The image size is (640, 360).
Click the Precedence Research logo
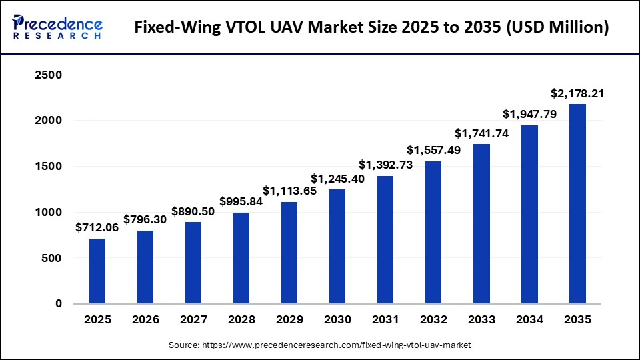point(57,27)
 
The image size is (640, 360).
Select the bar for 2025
point(97,271)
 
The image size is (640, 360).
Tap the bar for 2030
point(337,246)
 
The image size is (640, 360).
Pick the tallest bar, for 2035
point(577,203)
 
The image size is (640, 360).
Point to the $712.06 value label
point(97,227)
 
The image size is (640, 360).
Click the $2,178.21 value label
point(577,93)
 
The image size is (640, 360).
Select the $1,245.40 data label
point(337,179)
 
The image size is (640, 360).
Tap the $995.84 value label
point(241,201)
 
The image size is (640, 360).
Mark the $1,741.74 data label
point(481,133)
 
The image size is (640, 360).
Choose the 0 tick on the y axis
point(58,304)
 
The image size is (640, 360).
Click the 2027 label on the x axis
point(193,319)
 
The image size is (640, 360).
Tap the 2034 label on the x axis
point(529,319)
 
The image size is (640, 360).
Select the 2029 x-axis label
point(289,319)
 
